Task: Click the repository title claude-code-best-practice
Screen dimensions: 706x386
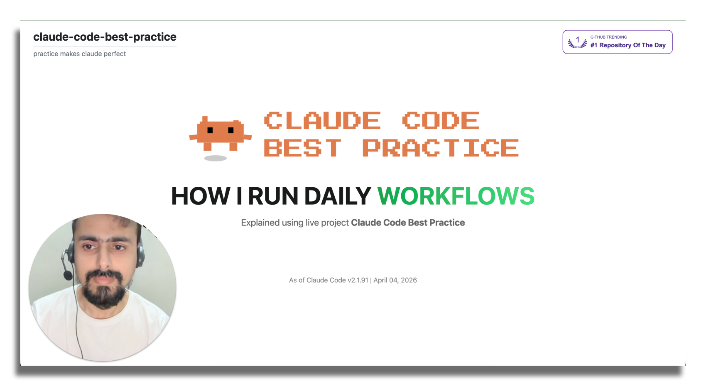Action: (105, 37)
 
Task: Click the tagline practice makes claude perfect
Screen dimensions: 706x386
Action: (79, 54)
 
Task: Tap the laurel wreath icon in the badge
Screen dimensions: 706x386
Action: (577, 42)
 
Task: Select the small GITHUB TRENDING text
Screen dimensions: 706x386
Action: (608, 37)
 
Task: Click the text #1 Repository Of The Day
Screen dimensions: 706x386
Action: (628, 45)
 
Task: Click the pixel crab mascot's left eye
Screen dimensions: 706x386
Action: (210, 130)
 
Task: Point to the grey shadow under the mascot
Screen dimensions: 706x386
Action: (215, 158)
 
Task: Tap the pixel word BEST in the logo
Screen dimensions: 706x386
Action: (303, 148)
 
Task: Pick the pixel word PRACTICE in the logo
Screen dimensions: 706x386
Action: (441, 148)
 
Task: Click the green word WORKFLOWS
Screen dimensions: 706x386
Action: (456, 196)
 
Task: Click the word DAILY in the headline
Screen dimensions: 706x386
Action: (338, 196)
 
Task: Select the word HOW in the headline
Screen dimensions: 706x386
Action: (201, 196)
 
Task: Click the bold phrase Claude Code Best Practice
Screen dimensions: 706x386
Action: (408, 222)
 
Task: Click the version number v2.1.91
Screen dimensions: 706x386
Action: (358, 280)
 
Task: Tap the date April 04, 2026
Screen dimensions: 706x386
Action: (395, 281)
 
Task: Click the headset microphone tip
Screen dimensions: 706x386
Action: (68, 276)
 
